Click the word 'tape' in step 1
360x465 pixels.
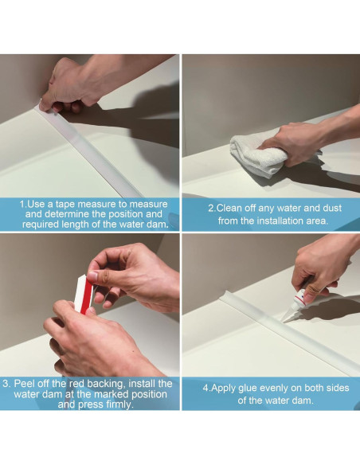click(x=65, y=205)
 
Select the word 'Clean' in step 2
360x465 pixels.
click(x=229, y=208)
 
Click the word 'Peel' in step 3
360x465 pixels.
click(x=25, y=384)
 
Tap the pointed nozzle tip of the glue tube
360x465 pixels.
click(x=282, y=322)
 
